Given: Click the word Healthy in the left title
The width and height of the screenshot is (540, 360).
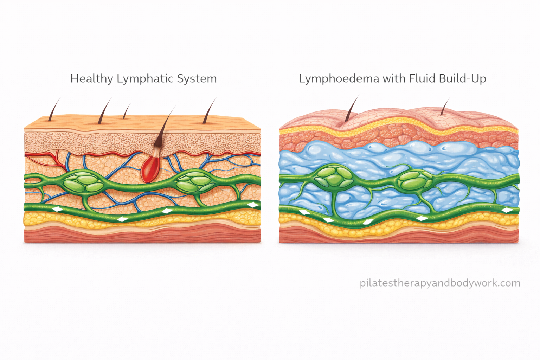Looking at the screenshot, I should [92, 78].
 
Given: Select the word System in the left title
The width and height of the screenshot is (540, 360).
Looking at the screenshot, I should [197, 78].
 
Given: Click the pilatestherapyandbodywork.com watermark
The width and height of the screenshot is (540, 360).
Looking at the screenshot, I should [440, 283].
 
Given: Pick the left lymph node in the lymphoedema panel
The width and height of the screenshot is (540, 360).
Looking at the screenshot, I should [333, 177].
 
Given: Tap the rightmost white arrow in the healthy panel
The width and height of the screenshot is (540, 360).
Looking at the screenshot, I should [252, 205].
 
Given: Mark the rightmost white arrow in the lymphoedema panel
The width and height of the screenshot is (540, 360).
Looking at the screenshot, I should [507, 210].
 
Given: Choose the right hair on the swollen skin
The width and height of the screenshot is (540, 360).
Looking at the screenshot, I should [445, 107].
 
